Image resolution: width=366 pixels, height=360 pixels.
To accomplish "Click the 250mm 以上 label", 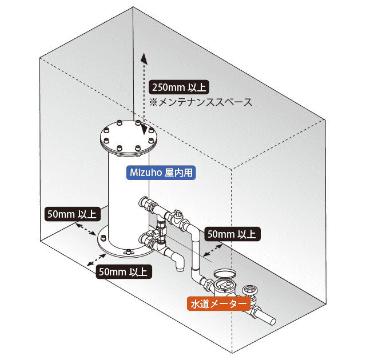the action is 179,87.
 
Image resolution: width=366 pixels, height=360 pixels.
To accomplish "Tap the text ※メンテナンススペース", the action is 201,102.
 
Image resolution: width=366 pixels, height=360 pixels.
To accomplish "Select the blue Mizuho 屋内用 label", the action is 161,173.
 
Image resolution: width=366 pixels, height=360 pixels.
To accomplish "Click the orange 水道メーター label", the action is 218,303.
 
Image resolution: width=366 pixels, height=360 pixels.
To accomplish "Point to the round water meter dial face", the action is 224,285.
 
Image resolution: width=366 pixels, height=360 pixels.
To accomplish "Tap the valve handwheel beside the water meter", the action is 250,290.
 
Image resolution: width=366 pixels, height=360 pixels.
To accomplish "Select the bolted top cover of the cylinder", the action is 129,137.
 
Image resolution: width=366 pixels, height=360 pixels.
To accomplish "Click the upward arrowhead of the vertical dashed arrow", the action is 144,58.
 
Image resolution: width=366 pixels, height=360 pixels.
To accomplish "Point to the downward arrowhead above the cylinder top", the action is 144,130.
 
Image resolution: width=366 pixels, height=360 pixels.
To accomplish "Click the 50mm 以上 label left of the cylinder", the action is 73,214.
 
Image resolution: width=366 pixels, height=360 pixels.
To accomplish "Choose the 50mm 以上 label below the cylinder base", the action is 124,271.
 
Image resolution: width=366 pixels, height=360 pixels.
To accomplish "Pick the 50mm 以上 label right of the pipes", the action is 233,234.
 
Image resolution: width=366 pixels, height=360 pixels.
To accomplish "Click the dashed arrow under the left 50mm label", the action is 86,229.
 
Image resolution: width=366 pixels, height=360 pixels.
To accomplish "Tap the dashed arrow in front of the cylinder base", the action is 97,260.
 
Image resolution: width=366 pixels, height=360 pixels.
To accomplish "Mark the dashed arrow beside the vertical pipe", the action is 213,250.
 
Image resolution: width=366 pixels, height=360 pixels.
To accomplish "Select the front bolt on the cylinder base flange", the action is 128,251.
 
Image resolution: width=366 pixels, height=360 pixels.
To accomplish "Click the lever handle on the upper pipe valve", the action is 177,212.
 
